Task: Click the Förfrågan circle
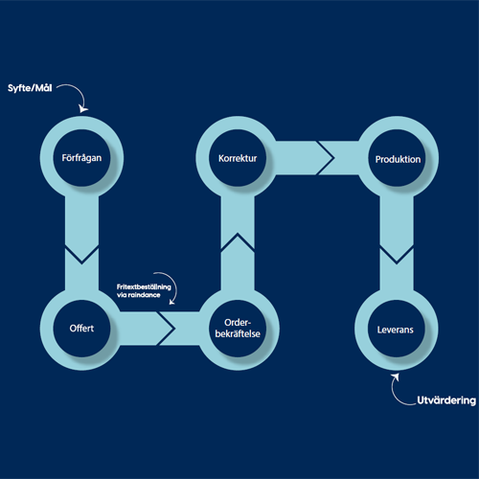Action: pyautogui.click(x=81, y=158)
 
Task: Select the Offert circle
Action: pyautogui.click(x=81, y=329)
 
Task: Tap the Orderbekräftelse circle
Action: pyautogui.click(x=238, y=329)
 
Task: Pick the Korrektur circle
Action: pyautogui.click(x=238, y=158)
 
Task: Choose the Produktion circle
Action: pyautogui.click(x=397, y=158)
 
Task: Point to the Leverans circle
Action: pyautogui.click(x=397, y=329)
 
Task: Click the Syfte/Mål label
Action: pyautogui.click(x=30, y=88)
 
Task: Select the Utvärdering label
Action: pyautogui.click(x=446, y=400)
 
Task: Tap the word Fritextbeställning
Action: pyautogui.click(x=144, y=286)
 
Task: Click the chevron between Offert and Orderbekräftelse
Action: pyautogui.click(x=166, y=329)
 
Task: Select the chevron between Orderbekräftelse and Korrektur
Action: pyautogui.click(x=238, y=241)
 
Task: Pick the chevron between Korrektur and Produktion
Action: pyautogui.click(x=325, y=158)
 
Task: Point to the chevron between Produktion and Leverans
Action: pyautogui.click(x=397, y=256)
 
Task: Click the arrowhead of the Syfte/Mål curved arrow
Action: pyautogui.click(x=83, y=109)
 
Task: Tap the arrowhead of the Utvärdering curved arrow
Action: pyautogui.click(x=396, y=377)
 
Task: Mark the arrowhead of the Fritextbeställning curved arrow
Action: pyautogui.click(x=172, y=301)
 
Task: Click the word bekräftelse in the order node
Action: pyautogui.click(x=238, y=333)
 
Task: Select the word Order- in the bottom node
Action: pyautogui.click(x=238, y=323)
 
